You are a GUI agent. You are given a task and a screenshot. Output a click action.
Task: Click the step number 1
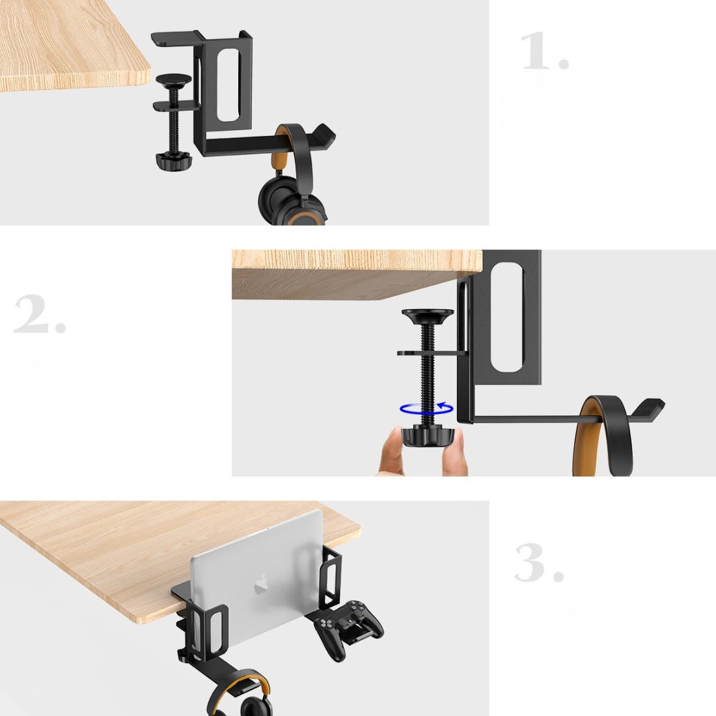pyautogui.click(x=545, y=51)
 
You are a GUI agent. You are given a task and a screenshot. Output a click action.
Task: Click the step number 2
pyautogui.click(x=40, y=314)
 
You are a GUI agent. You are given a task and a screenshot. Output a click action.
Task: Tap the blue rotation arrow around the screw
pyautogui.click(x=426, y=408)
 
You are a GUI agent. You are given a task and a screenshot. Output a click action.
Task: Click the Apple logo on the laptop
pyautogui.click(x=261, y=585)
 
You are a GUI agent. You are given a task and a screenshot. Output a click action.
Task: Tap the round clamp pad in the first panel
pyautogui.click(x=174, y=80)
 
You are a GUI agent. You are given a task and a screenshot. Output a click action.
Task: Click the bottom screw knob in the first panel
pyautogui.click(x=174, y=161)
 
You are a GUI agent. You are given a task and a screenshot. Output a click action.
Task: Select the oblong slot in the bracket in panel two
pyautogui.click(x=507, y=316)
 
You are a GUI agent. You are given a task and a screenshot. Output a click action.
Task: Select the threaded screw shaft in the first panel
pyautogui.click(x=174, y=121)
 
